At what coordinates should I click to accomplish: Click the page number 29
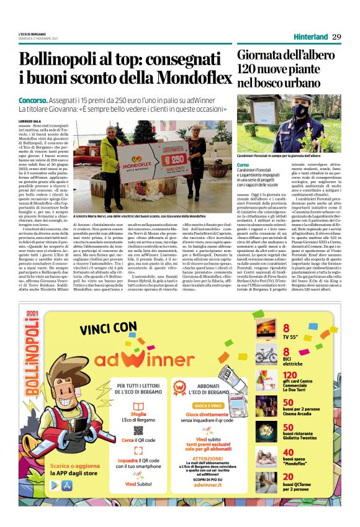pos(336,37)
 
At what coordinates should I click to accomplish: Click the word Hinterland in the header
pos(311,37)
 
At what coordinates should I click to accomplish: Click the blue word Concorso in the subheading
pos(33,100)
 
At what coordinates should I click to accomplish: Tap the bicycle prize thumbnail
pos(264,354)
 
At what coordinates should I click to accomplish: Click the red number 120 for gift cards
pos(290,375)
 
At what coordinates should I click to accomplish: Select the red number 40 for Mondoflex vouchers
pos(288,453)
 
